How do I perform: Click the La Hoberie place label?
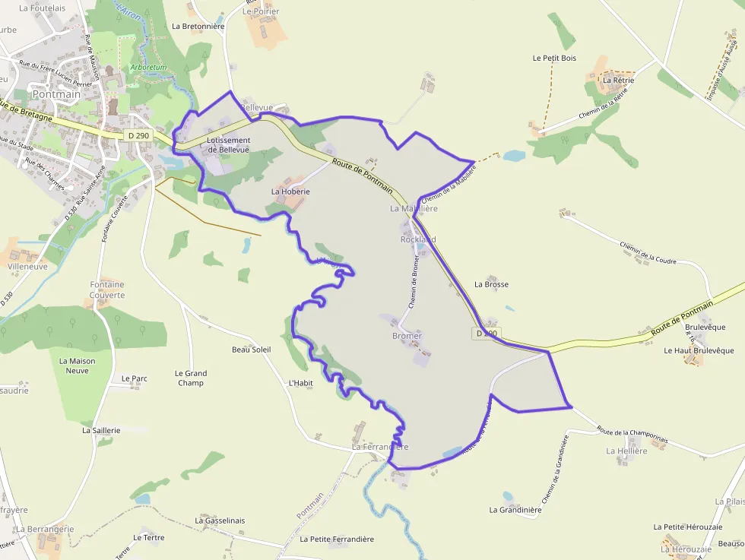[290, 192]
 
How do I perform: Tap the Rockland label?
[418, 239]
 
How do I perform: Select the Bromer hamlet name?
[407, 336]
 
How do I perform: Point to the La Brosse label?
[491, 284]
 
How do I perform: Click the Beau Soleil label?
[251, 350]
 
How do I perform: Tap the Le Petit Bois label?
[554, 58]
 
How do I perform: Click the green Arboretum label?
[148, 68]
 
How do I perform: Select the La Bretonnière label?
[198, 26]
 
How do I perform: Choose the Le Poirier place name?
[261, 12]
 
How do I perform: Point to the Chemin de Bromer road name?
[414, 280]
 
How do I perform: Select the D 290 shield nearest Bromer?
[487, 334]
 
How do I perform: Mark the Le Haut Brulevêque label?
[693, 351]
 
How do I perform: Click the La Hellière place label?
[626, 451]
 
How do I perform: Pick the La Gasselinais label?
[220, 520]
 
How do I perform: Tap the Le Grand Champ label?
[191, 378]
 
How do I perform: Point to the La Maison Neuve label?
[78, 365]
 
